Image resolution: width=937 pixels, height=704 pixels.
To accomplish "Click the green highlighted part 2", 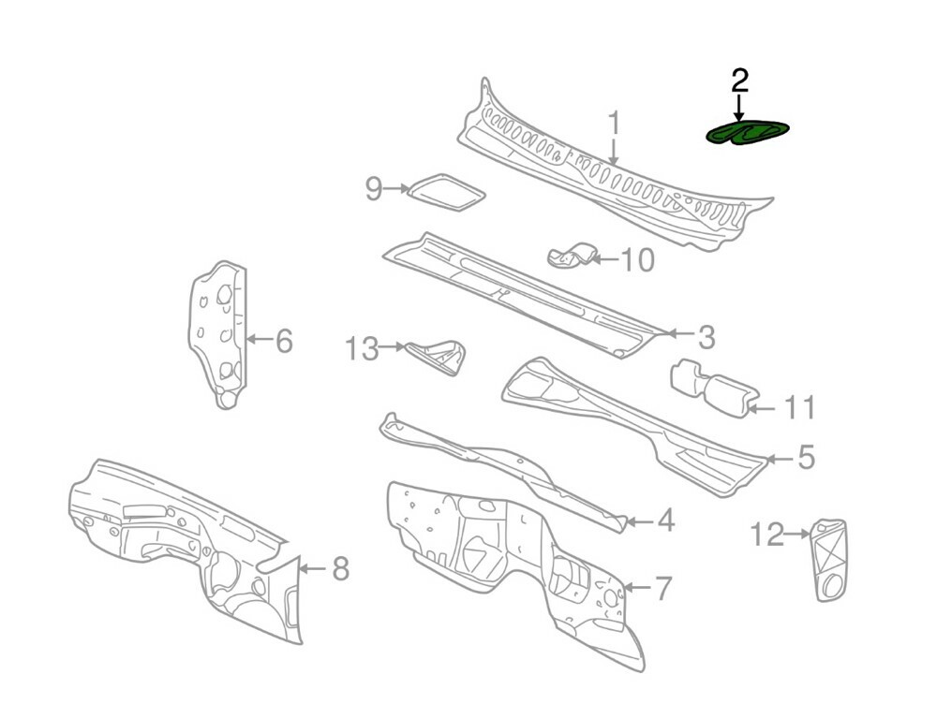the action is coord(747,133).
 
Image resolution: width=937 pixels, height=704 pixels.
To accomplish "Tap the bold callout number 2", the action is coord(740,81).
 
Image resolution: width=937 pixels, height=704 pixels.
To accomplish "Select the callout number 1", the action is coord(614,124).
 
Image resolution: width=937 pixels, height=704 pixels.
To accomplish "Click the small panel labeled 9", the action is coord(446,192).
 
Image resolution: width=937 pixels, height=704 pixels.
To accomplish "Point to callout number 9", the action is coord(374,189).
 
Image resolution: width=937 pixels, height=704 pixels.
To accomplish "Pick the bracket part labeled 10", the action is coord(572,256).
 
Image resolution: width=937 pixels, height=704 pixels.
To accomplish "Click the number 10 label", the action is coord(638,259).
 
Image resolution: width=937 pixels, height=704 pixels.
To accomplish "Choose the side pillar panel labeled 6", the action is coord(217,334).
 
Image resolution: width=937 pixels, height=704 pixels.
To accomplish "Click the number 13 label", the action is coord(362,348).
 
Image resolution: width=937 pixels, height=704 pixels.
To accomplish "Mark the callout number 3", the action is coord(706,338).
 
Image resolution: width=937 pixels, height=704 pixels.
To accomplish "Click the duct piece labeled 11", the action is coord(715,388).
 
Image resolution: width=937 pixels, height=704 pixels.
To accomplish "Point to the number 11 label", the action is coord(799,408).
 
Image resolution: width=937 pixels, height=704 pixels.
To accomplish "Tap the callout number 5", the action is coord(806,458).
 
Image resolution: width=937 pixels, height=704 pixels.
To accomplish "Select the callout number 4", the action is coord(665,521).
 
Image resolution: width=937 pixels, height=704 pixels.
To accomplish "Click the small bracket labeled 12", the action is coord(828,560).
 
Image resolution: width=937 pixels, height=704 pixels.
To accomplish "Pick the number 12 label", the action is coord(767,535).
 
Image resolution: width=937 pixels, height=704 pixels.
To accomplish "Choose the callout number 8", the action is coord(341,568).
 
